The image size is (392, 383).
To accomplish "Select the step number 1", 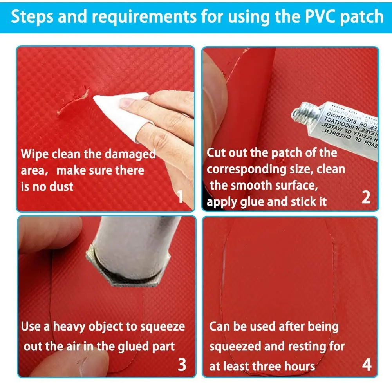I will pyautogui.click(x=180, y=197).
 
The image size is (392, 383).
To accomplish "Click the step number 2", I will pyautogui.click(x=365, y=197).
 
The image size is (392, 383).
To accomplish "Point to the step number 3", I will pyautogui.click(x=182, y=364).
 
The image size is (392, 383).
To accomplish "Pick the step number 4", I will pyautogui.click(x=366, y=364).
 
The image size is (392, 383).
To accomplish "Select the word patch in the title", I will pyautogui.click(x=360, y=17).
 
